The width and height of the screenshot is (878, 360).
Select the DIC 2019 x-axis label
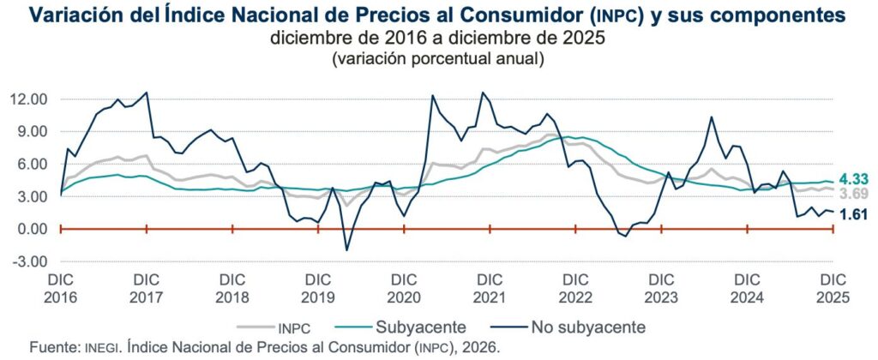tap(318, 288)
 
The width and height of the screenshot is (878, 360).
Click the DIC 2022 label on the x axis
tap(576, 288)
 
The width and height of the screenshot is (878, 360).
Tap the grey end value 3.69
tap(854, 195)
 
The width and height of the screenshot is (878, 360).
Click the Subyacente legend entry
tap(420, 327)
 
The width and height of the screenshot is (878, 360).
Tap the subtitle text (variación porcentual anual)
tap(437, 59)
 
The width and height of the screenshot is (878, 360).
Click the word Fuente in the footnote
tap(53, 347)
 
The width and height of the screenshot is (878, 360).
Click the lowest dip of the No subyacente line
tap(347, 250)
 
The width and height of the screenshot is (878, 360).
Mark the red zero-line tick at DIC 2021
tap(490, 229)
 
